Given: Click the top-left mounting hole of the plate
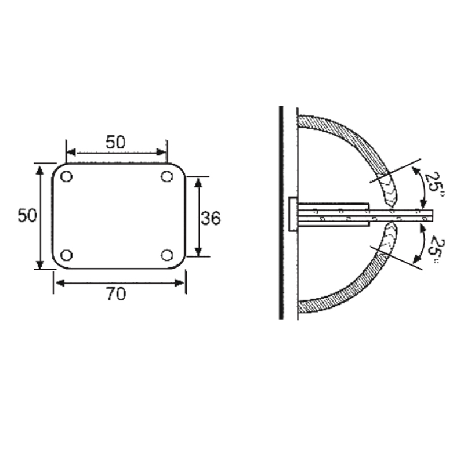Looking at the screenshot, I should (x=66, y=176).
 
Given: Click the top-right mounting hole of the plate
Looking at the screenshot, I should (x=167, y=176).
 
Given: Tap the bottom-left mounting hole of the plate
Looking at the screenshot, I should (x=66, y=255).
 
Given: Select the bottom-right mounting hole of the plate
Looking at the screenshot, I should (x=167, y=255).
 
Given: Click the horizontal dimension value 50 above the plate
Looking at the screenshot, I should (x=116, y=142).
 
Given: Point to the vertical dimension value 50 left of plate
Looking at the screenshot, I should (x=27, y=216).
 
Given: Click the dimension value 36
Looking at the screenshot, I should (x=211, y=218).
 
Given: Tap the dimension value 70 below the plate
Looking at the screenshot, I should (x=116, y=294).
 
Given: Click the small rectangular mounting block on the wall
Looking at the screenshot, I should (x=293, y=214).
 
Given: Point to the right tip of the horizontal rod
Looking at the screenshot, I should (x=432, y=215).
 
